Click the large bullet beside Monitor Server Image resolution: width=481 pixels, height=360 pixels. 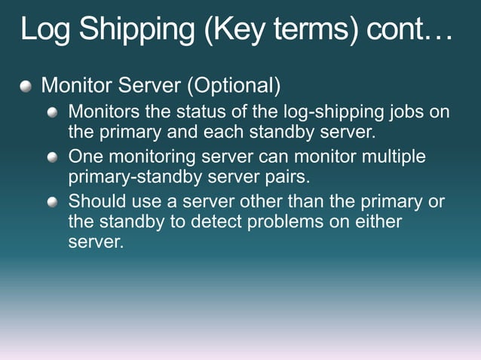pos(27,87)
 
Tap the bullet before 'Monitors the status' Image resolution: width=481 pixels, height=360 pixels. pos(52,113)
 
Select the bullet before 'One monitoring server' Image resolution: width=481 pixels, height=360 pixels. pos(52,158)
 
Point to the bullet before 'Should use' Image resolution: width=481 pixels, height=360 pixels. pos(52,203)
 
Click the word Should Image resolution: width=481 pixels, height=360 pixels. pos(95,202)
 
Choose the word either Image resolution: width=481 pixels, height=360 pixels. pos(378,223)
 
